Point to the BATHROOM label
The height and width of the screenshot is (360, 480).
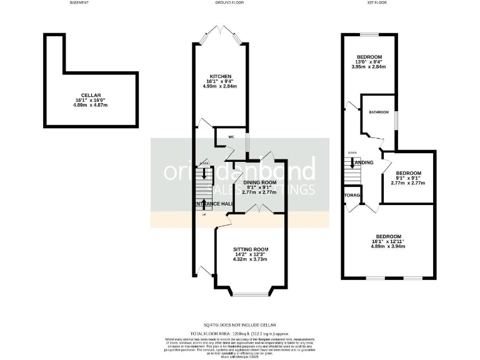[x=378, y=112]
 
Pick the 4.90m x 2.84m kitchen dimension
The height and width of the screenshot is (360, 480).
[x=219, y=86]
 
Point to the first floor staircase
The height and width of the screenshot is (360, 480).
[x=352, y=169]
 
